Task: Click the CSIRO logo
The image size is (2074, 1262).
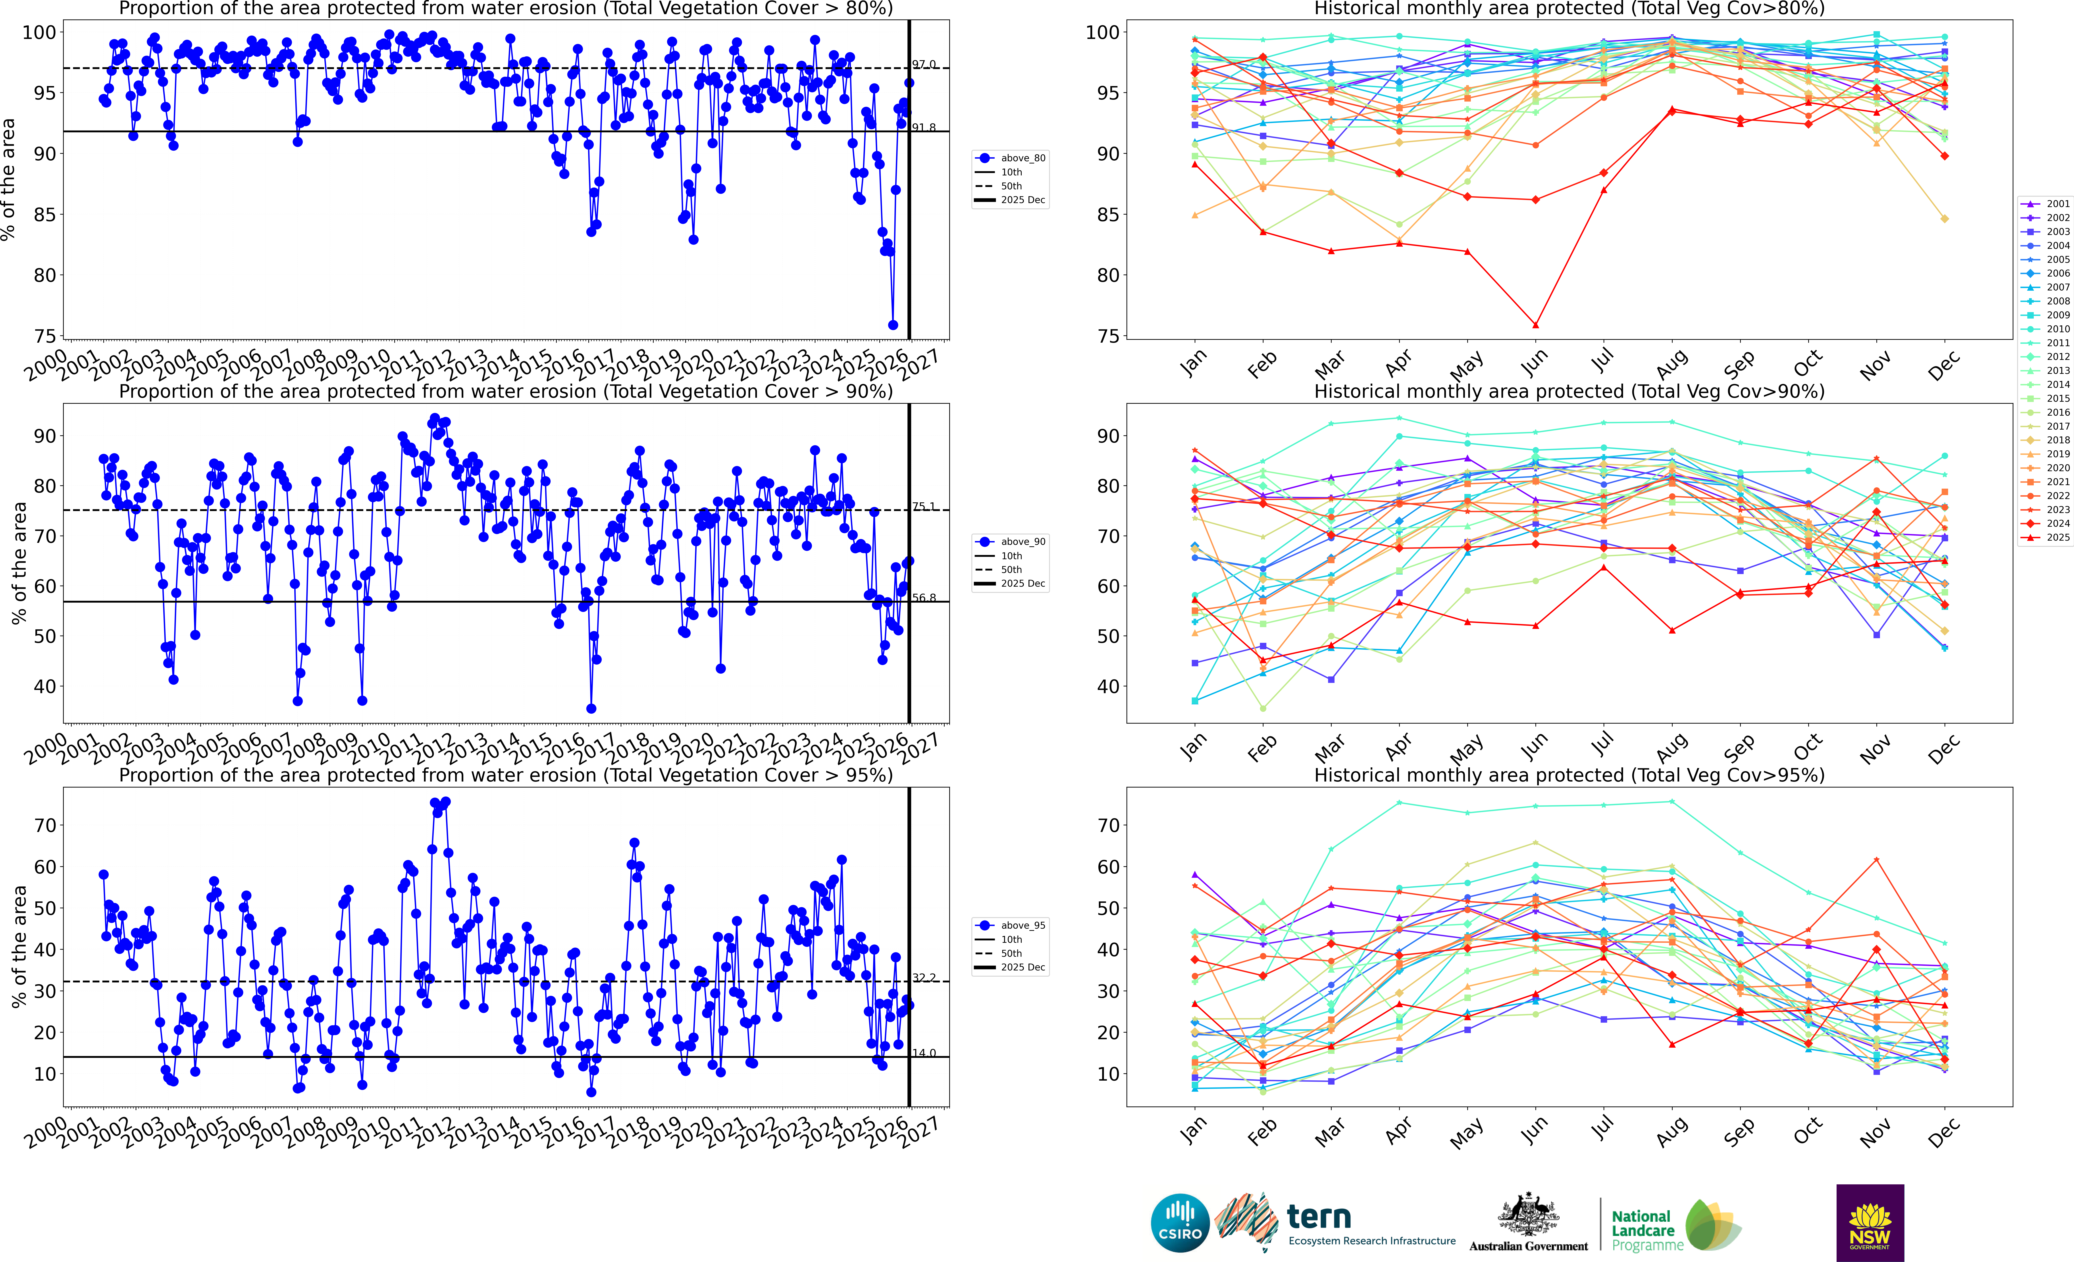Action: pyautogui.click(x=1180, y=1222)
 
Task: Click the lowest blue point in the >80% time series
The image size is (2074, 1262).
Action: pyautogui.click(x=893, y=325)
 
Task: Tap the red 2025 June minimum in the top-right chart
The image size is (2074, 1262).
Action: pyautogui.click(x=1535, y=325)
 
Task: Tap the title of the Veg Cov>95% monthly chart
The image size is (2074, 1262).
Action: pyautogui.click(x=1569, y=775)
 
